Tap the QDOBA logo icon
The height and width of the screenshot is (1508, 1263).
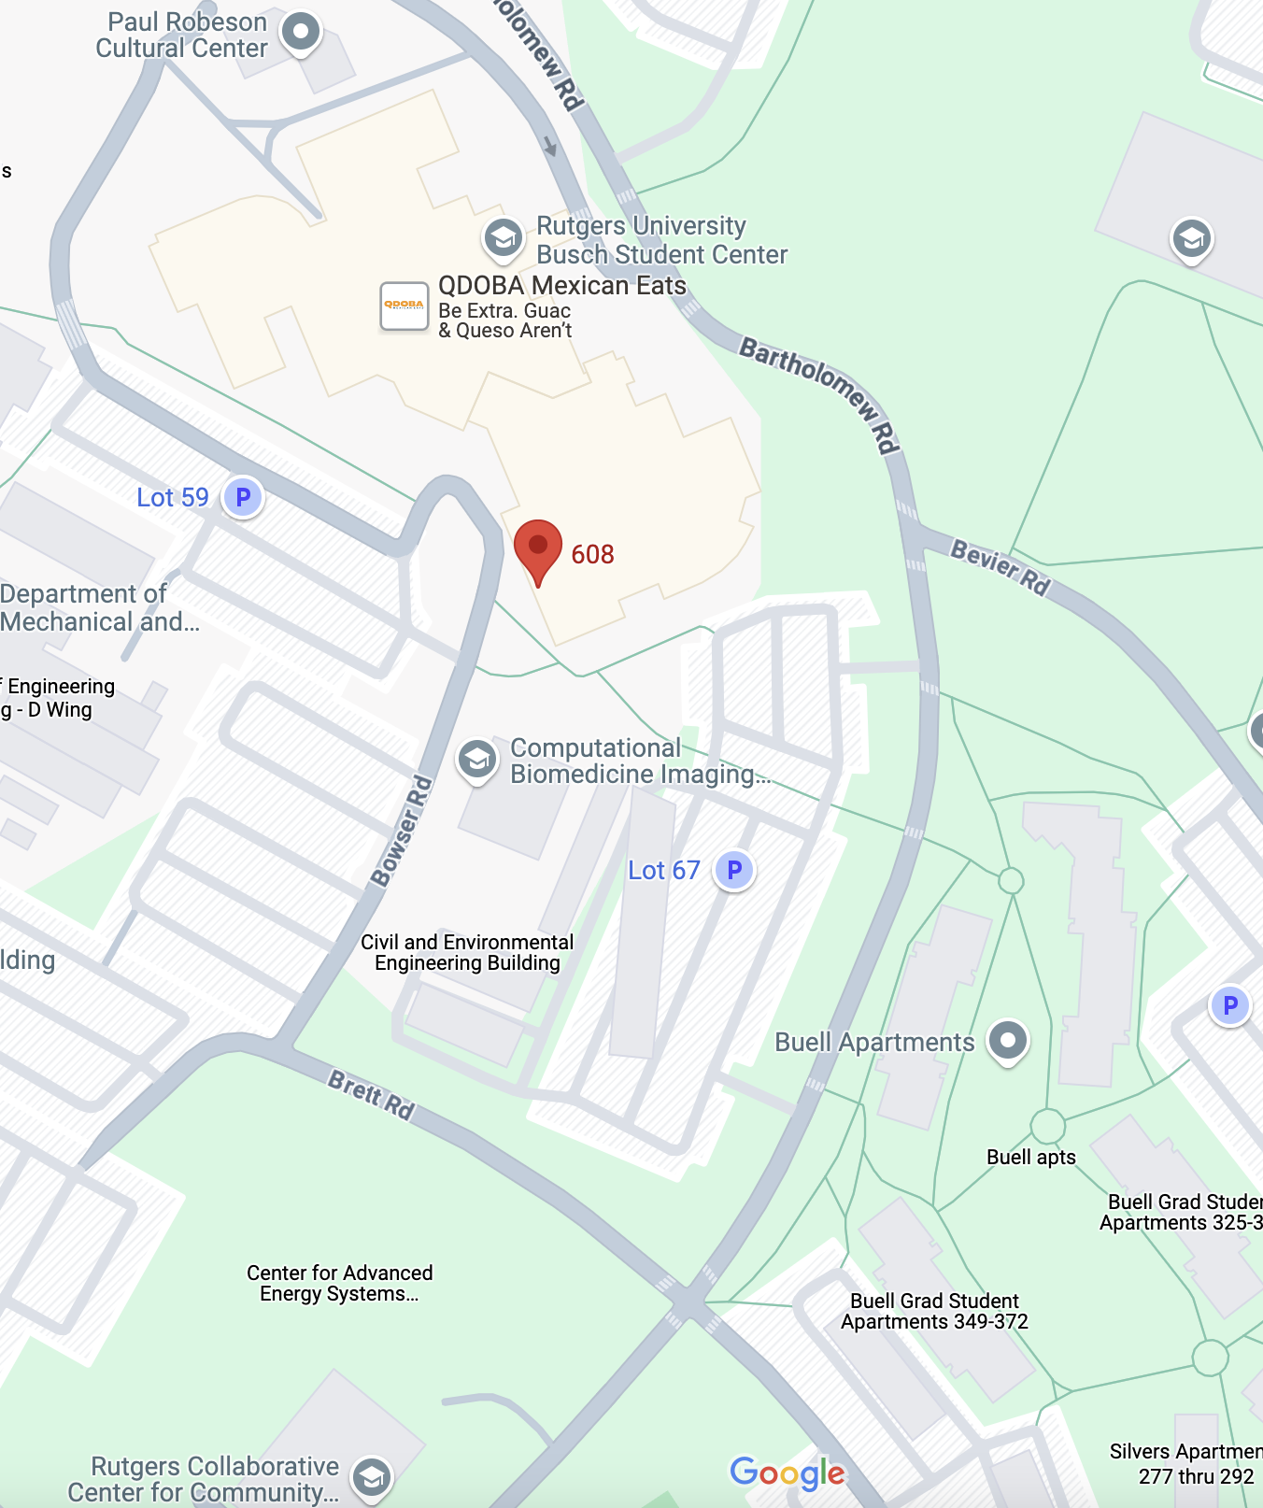point(404,306)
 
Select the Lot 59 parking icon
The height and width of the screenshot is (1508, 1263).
point(243,497)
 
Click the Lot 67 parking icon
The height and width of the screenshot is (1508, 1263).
point(734,871)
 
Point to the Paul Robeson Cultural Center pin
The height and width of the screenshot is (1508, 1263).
point(300,33)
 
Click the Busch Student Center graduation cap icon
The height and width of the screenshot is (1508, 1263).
point(503,238)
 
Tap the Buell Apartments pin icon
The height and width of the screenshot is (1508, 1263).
point(1007,1040)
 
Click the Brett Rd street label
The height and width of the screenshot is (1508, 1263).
point(371,1094)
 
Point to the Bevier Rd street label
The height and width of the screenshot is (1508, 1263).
point(1000,567)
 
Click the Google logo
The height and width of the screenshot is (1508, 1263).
point(787,1472)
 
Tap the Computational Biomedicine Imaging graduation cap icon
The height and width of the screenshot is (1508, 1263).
point(477,760)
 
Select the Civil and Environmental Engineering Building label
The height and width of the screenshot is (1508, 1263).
point(467,952)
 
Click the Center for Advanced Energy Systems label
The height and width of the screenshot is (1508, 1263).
point(339,1283)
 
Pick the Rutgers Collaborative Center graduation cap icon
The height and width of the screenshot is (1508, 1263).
point(372,1477)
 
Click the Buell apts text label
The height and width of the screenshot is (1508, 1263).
point(1030,1157)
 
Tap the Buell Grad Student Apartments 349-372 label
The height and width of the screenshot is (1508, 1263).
point(934,1311)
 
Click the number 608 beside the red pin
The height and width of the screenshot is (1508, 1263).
point(592,554)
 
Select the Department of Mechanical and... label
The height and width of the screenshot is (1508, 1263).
point(98,607)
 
